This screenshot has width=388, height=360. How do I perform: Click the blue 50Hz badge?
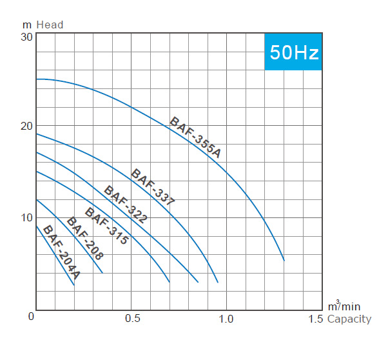pos(293,52)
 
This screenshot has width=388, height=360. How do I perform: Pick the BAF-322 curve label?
pos(126,205)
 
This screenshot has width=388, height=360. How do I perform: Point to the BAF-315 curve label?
pos(107,226)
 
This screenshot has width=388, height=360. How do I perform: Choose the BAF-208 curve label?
pos(86,237)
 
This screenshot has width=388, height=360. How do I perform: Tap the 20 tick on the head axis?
pos(26,126)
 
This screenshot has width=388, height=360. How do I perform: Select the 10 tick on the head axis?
pos(26,217)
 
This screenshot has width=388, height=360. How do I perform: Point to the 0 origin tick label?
pos(30,317)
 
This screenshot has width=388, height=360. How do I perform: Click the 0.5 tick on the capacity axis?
pos(132,319)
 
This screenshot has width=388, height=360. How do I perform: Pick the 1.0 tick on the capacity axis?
pos(227,319)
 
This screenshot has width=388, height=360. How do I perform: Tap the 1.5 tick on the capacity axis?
pos(316,319)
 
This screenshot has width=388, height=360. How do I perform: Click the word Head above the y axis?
pos(50,25)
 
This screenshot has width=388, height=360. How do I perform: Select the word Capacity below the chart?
pos(349,319)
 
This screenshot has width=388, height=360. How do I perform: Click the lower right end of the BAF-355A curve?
pos(284,260)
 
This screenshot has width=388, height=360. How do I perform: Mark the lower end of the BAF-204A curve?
pos(74,285)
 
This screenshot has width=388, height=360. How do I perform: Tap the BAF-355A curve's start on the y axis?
pos(36,79)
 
